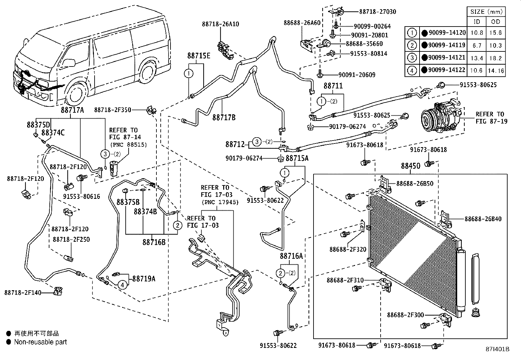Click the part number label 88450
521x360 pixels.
click(411, 166)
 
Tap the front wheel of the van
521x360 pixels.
click(76, 95)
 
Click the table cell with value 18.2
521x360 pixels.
click(495, 58)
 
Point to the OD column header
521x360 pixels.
click(495, 22)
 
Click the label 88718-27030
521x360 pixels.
click(377, 12)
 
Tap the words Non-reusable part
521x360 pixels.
click(40, 342)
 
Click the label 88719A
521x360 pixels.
click(144, 279)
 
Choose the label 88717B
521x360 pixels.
click(224, 117)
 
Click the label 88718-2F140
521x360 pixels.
click(23, 293)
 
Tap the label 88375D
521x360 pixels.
click(38, 125)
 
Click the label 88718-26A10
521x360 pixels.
click(220, 24)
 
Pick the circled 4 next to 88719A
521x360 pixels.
click(122, 285)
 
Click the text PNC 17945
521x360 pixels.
click(220, 202)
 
